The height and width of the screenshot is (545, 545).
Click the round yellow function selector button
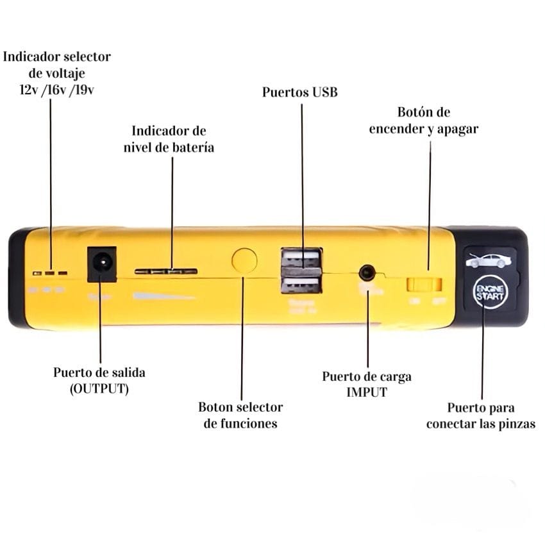[244, 260]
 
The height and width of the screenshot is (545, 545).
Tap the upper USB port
[301, 260]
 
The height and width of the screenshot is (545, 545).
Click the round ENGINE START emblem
[490, 293]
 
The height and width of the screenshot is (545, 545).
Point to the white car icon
[489, 260]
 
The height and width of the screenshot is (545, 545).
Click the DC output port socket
[101, 263]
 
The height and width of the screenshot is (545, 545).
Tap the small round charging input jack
[367, 272]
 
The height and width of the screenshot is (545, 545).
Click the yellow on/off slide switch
[424, 282]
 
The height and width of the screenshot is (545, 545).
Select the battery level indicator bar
[165, 271]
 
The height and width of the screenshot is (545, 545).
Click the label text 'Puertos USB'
[299, 92]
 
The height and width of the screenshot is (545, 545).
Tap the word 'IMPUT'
[367, 392]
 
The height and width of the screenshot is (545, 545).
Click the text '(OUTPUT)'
[99, 389]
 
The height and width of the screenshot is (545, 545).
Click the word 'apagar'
[456, 129]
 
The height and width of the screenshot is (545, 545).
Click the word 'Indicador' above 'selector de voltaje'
[33, 56]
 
